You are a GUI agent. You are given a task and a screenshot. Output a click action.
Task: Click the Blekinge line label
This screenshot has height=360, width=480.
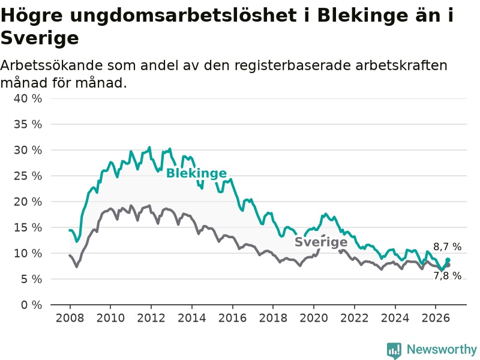[196, 173]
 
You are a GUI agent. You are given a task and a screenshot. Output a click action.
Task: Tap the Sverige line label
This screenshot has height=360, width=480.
[321, 242]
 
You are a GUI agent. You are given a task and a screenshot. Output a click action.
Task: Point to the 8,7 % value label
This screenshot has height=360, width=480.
[447, 247]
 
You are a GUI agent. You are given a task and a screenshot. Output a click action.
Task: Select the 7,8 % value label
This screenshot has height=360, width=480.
[447, 275]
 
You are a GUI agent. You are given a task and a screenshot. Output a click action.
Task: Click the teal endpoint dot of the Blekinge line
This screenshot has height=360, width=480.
[448, 260]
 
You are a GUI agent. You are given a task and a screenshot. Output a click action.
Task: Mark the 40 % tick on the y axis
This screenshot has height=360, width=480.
[28, 98]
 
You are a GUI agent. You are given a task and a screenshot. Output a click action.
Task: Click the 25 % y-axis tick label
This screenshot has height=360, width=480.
[28, 176]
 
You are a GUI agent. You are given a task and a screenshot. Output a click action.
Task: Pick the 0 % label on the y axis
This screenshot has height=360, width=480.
[32, 305]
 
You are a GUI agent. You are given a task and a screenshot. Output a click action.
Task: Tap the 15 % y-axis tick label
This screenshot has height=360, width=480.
[28, 227]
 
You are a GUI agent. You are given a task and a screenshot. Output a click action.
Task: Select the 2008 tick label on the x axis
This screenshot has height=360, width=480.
[70, 318]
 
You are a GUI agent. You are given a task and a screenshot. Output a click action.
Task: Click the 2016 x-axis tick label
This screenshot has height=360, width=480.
[232, 318]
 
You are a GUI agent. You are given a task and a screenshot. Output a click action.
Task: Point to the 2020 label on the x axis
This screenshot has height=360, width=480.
[314, 318]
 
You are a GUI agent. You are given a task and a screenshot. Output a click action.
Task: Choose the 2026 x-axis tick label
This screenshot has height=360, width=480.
[436, 318]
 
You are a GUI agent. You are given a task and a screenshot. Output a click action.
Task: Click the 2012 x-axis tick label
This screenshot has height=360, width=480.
[151, 318]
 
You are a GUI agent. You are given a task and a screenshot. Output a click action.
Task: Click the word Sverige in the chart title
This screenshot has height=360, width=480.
[40, 38]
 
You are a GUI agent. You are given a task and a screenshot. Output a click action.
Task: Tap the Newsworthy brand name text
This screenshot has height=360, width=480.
[442, 349]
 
